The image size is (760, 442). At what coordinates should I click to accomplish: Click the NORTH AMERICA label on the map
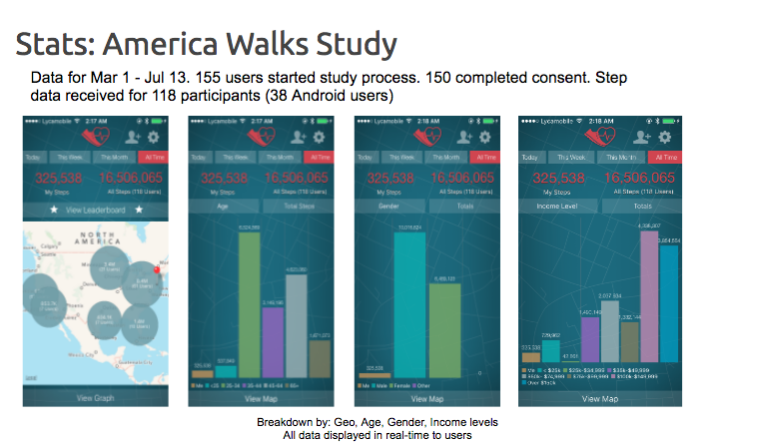click(x=96, y=240)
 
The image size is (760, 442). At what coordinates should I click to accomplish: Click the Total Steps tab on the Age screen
click(x=298, y=206)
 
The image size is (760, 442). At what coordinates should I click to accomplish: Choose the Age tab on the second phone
click(x=224, y=206)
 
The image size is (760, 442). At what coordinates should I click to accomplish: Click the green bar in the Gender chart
click(x=443, y=329)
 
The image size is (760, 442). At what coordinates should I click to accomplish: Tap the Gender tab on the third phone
click(x=390, y=206)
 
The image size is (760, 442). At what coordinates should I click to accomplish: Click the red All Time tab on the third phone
click(x=487, y=158)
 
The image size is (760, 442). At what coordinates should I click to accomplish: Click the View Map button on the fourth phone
click(x=599, y=398)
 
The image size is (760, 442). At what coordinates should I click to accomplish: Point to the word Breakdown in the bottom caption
click(x=286, y=422)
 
